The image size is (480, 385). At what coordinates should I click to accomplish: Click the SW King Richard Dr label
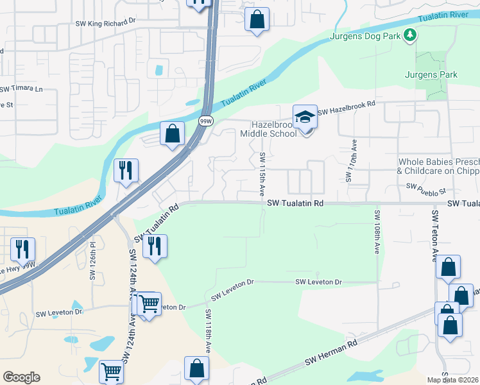106,21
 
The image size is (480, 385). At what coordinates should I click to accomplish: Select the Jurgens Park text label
431,75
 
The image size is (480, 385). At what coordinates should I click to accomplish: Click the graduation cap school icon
305,117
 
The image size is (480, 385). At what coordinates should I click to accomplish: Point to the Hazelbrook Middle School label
268,128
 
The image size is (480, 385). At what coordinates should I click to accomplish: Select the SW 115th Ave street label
262,174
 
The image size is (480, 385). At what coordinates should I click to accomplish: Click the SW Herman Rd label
331,354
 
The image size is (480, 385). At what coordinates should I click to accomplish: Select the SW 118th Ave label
208,331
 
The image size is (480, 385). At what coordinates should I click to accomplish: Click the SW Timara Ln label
21,89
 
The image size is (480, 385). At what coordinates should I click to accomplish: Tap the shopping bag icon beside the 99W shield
172,134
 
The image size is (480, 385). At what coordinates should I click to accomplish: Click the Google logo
21,377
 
